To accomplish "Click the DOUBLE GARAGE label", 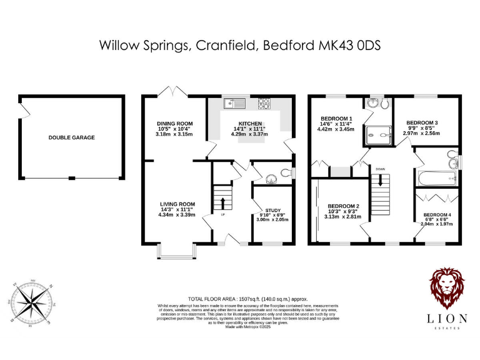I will [x=72, y=137].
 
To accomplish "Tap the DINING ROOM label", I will [x=174, y=124].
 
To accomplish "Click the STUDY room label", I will [x=272, y=211].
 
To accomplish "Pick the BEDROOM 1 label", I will [x=337, y=119].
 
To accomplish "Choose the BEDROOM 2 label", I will [x=344, y=206].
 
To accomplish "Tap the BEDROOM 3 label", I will [x=422, y=122].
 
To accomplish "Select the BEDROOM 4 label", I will [x=437, y=215].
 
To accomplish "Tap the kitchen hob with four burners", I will [x=266, y=103].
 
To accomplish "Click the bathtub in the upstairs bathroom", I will [x=436, y=179].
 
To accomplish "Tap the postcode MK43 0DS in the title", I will [x=347, y=46].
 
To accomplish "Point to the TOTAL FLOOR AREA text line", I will [x=240, y=299].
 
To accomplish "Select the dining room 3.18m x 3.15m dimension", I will [x=174, y=134].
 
